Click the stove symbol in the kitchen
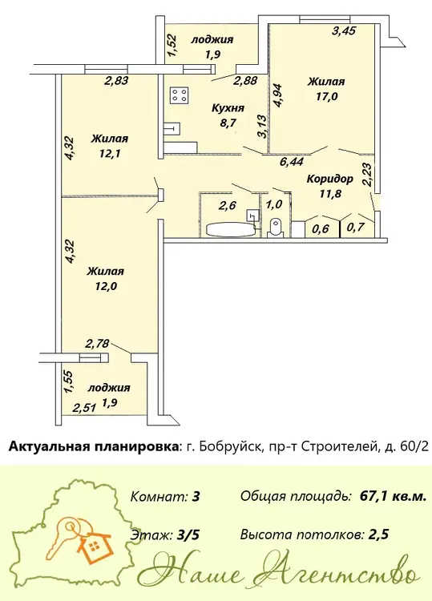tap(180, 95)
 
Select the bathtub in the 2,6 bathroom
tap(231, 229)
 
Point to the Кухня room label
tap(228, 108)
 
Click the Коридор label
tap(329, 179)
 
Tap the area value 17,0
tap(326, 96)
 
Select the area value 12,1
tap(109, 153)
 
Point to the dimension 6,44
tap(292, 162)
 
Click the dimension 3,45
tap(344, 31)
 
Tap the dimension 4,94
tap(277, 95)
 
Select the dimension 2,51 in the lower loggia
tap(84, 408)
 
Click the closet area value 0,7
tap(355, 228)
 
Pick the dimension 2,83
tap(116, 80)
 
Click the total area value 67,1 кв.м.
tap(393, 496)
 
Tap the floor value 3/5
tap(188, 534)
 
